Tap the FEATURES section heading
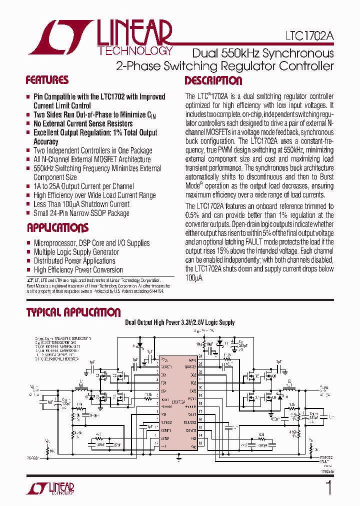(x=47, y=80)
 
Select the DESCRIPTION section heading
(x=213, y=81)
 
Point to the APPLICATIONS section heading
(x=57, y=228)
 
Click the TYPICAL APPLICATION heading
(x=73, y=312)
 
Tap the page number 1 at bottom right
(x=328, y=487)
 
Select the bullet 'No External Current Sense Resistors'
(x=83, y=123)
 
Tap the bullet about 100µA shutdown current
(x=81, y=204)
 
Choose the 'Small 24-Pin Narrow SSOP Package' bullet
(x=81, y=213)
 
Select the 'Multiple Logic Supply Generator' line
(x=76, y=252)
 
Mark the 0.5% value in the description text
(x=192, y=215)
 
